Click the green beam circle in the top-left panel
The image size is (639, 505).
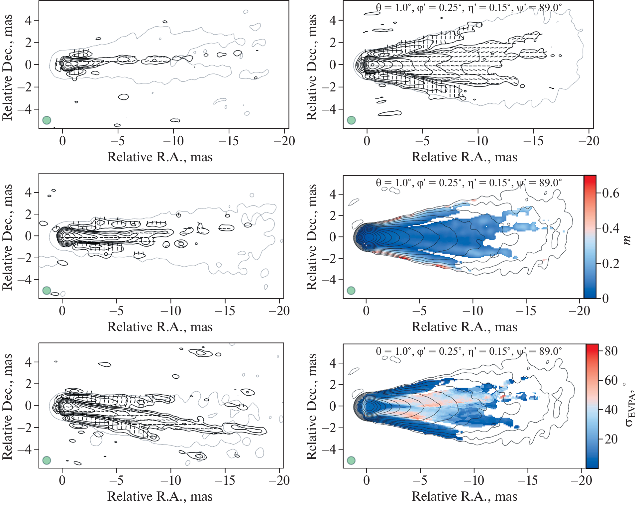click(x=47, y=120)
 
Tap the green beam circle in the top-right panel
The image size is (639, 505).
click(x=351, y=120)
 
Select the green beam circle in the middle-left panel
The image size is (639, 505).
click(x=47, y=291)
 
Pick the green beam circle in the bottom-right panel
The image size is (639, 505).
click(x=351, y=460)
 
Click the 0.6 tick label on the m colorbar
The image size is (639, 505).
click(x=611, y=193)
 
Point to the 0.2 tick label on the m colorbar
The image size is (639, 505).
click(x=611, y=263)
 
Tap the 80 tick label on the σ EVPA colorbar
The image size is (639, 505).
click(x=611, y=351)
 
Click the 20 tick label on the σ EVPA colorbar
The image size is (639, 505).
click(x=611, y=439)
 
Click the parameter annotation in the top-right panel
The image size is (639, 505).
click(x=469, y=7)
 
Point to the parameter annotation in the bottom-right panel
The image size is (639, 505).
click(x=469, y=351)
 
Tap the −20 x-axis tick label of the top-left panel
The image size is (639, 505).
click(x=284, y=141)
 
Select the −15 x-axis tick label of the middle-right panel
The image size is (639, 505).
click(x=526, y=311)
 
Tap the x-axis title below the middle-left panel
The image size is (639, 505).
click(x=160, y=327)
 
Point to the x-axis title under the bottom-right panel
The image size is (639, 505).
click(x=464, y=496)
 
